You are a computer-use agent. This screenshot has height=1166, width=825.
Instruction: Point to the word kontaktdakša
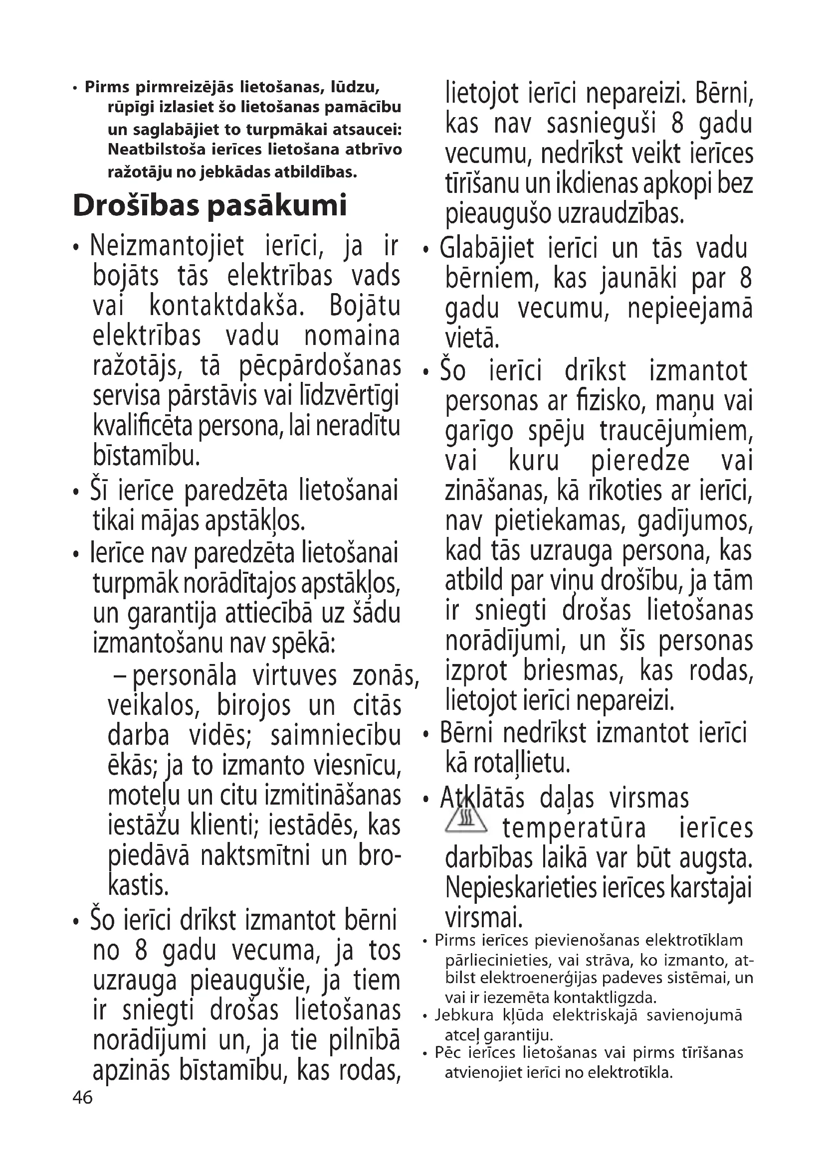pyautogui.click(x=226, y=306)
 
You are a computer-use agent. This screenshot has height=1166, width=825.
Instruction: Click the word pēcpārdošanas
pyautogui.click(x=320, y=367)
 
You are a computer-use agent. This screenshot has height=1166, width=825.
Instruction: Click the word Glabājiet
pyautogui.click(x=487, y=249)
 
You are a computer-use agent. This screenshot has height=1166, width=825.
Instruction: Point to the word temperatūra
pyautogui.click(x=574, y=829)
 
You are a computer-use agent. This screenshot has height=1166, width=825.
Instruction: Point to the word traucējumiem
pyautogui.click(x=676, y=431)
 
